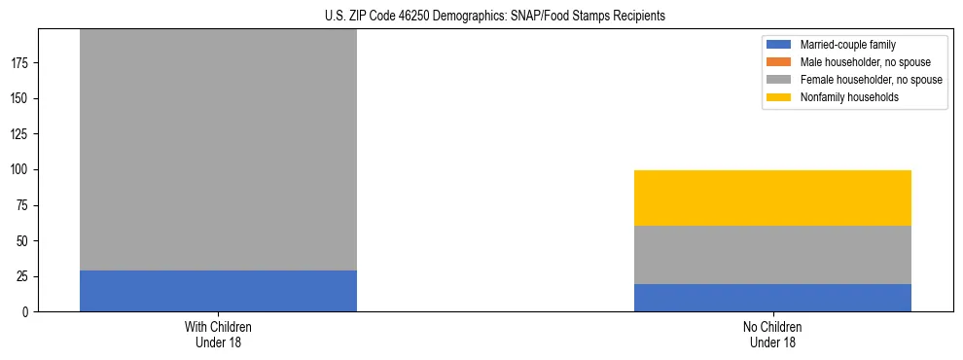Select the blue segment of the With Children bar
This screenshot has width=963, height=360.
tap(218, 291)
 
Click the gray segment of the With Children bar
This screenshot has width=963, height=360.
tap(218, 150)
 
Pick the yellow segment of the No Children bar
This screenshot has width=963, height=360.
tap(772, 198)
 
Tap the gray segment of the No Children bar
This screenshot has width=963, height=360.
tap(772, 255)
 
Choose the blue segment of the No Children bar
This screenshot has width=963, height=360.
tap(772, 298)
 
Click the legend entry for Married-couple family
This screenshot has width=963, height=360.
tap(847, 45)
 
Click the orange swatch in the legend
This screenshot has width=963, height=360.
tap(779, 62)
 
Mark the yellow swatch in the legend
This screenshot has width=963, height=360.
tap(779, 97)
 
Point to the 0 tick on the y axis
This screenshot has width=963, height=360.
tap(28, 312)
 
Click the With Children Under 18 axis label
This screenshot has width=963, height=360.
tap(218, 335)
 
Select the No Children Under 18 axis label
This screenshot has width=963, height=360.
tap(772, 335)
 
